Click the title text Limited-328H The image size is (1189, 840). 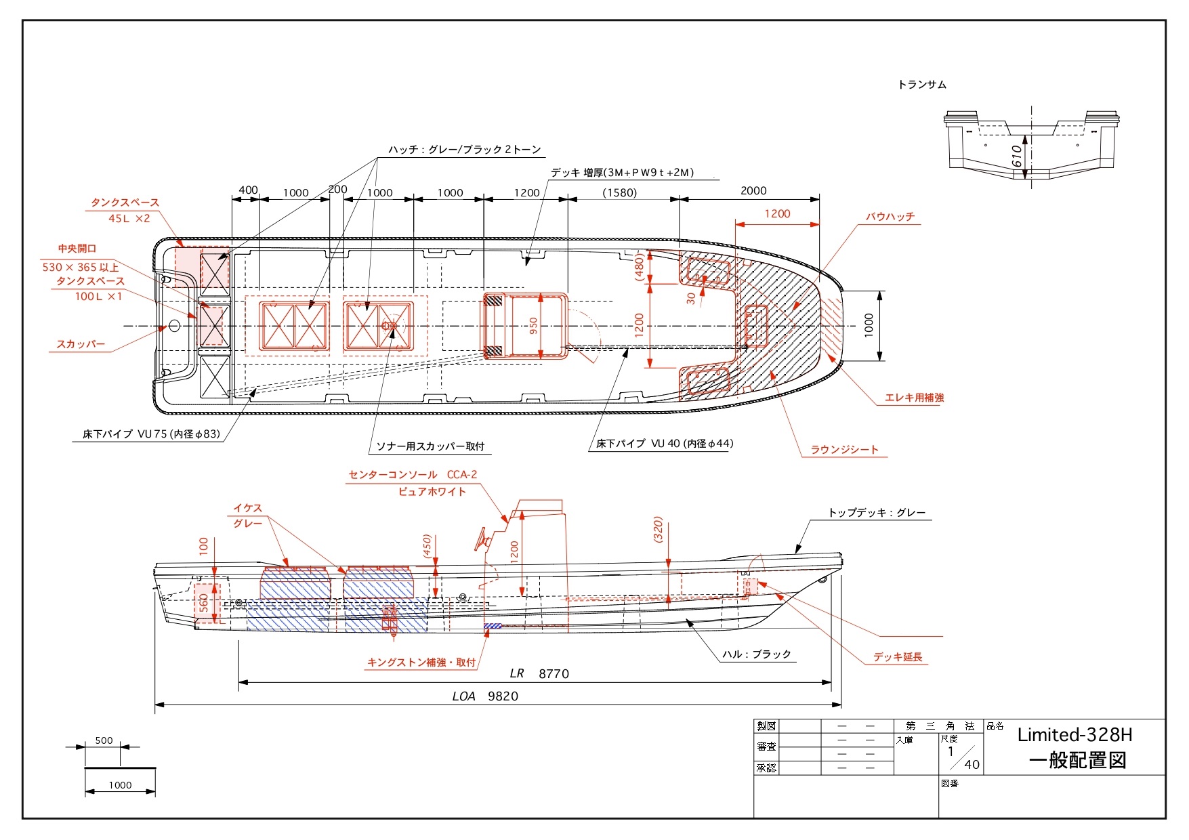(x=1075, y=735)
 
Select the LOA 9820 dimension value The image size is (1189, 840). (x=503, y=696)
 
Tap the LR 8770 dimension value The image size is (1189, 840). (x=554, y=674)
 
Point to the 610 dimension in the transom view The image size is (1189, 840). (x=1016, y=156)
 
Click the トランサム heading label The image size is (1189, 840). (x=922, y=85)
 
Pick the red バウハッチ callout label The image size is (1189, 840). (x=890, y=217)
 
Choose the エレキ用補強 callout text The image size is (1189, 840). (x=914, y=398)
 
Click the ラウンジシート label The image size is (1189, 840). (x=844, y=450)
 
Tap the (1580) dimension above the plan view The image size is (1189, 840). (x=620, y=193)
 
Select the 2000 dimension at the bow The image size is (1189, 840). (x=753, y=191)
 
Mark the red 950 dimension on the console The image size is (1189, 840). (x=533, y=327)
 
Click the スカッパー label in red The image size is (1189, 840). (x=81, y=344)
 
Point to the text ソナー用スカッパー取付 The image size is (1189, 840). (x=430, y=446)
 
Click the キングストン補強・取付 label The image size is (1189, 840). (x=421, y=663)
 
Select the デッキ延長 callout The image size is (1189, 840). (x=898, y=657)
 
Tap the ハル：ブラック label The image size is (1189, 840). (x=756, y=654)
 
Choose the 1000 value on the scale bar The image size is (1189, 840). (x=120, y=785)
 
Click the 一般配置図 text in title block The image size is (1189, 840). (x=1077, y=761)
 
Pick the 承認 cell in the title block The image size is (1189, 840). (x=766, y=768)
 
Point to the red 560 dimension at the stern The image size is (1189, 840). (x=204, y=602)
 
